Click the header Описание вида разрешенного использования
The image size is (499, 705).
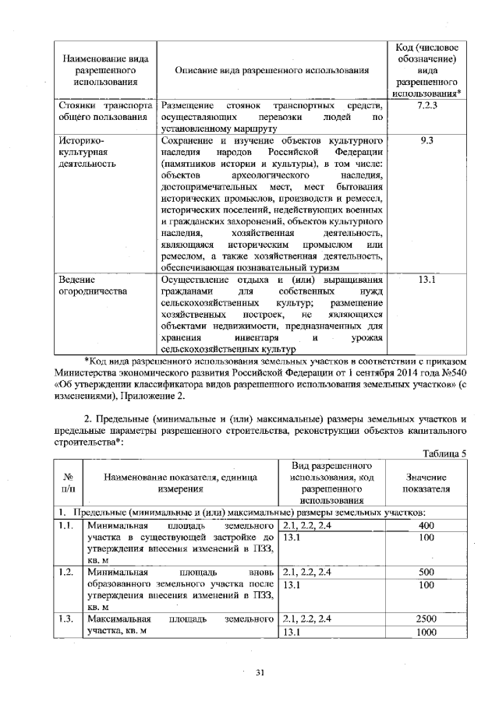(x=271, y=71)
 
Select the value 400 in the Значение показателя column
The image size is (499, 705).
(x=426, y=525)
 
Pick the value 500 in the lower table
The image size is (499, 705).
(x=426, y=572)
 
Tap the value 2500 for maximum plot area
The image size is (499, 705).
(x=426, y=619)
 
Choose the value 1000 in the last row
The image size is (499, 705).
(x=426, y=633)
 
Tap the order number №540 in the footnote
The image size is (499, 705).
(x=453, y=372)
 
